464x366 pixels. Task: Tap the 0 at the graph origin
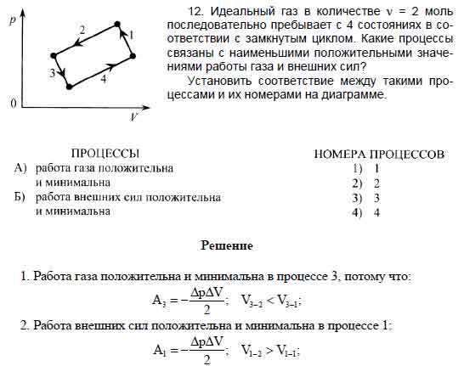pos(13,103)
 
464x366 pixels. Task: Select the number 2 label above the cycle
pos(82,31)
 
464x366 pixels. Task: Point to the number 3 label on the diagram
pos(53,74)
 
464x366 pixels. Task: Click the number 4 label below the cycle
pos(104,79)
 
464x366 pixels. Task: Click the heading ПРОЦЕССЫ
pos(105,154)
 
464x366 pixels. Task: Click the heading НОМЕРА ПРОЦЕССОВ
pos(379,155)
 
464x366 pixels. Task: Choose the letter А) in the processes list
pos(23,168)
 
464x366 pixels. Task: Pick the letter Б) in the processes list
pos(22,197)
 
